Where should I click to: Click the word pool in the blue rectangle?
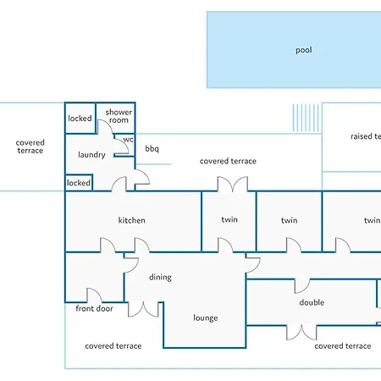click(x=304, y=50)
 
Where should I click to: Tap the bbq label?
click(x=152, y=148)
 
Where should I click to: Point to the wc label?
click(x=128, y=140)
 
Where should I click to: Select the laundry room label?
click(x=91, y=155)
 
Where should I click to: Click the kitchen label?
click(x=131, y=220)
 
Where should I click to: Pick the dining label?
click(x=160, y=277)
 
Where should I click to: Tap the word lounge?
click(x=206, y=317)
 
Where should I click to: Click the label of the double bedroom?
click(x=312, y=302)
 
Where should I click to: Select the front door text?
click(x=94, y=308)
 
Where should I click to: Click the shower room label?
click(x=119, y=116)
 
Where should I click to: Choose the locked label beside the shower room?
click(x=80, y=119)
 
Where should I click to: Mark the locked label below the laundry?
click(x=79, y=183)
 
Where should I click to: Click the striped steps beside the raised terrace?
click(x=306, y=118)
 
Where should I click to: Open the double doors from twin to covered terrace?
click(x=233, y=185)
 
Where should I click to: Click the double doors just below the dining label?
click(x=143, y=309)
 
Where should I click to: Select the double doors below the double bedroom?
click(x=301, y=333)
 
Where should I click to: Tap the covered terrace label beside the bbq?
click(x=228, y=161)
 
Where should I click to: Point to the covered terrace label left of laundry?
click(x=30, y=146)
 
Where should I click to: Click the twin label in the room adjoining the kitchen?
click(x=229, y=219)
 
